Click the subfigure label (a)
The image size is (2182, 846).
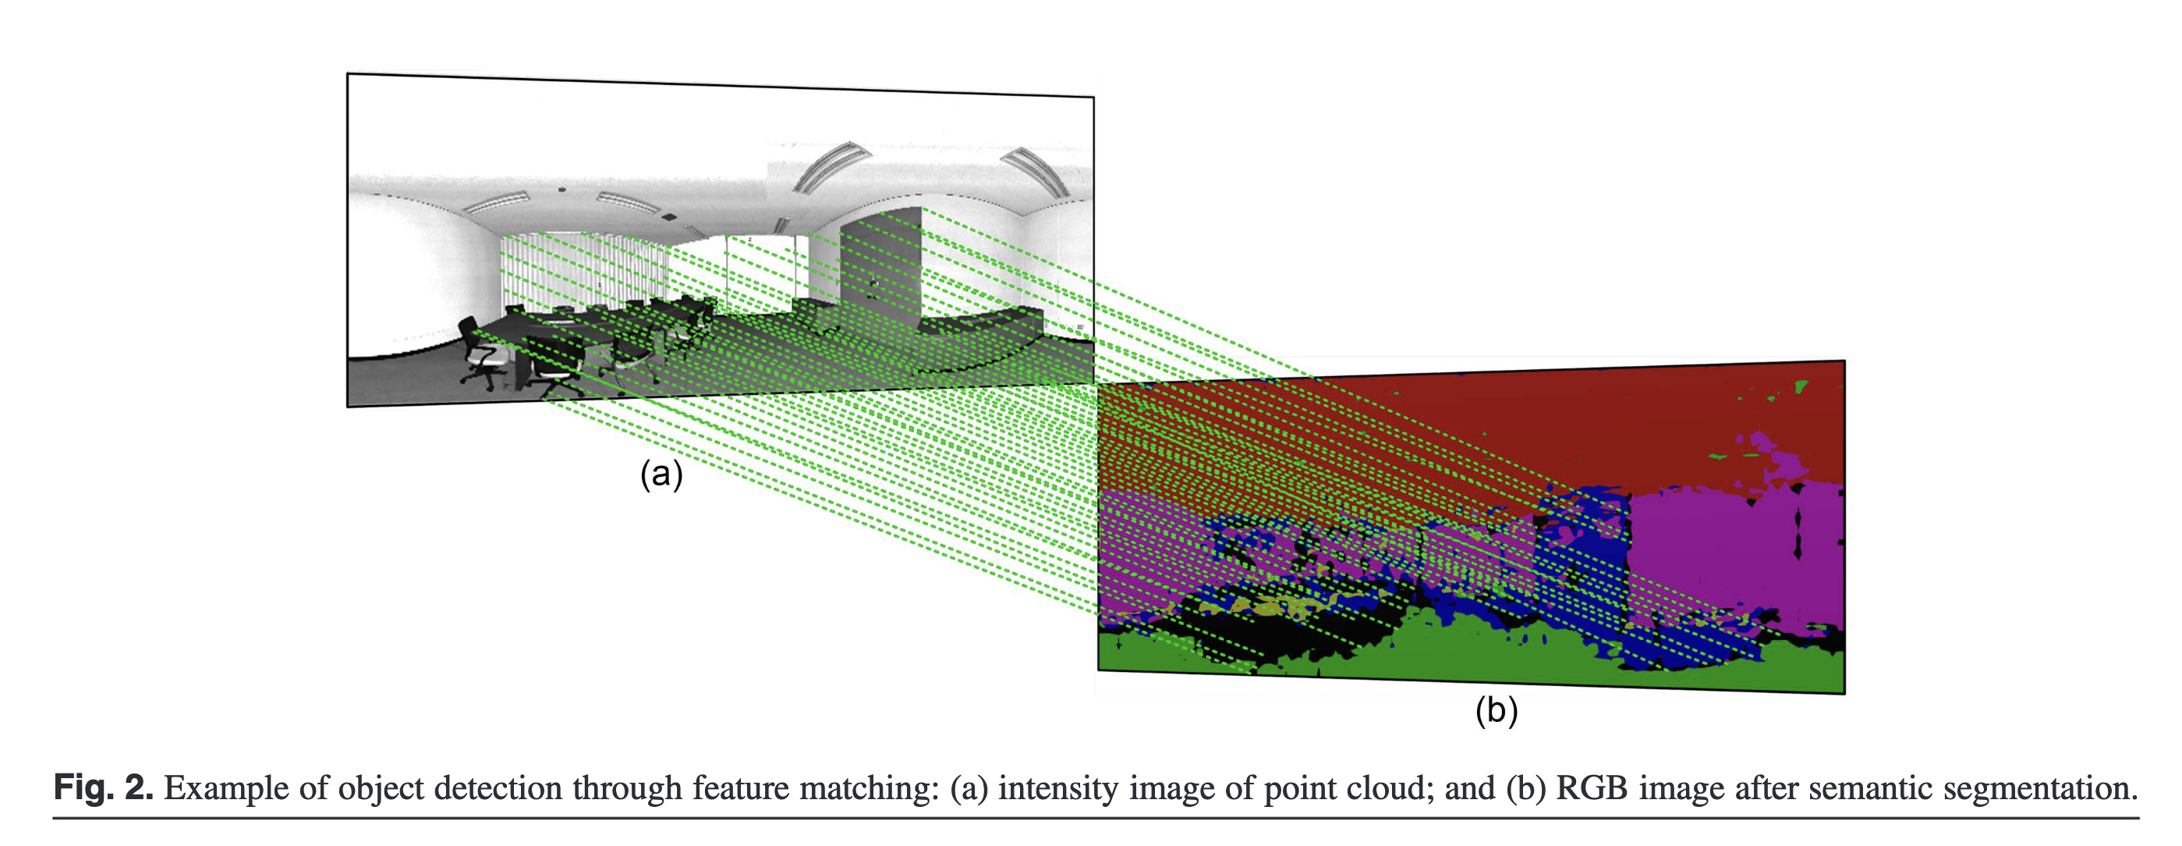click(x=661, y=475)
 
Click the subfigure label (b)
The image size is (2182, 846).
click(x=1496, y=709)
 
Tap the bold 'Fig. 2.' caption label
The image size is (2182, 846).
click(x=104, y=788)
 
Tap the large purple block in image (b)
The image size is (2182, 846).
click(x=1728, y=551)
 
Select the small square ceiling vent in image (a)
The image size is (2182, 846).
click(x=668, y=217)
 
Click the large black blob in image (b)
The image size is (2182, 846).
click(x=1254, y=631)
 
